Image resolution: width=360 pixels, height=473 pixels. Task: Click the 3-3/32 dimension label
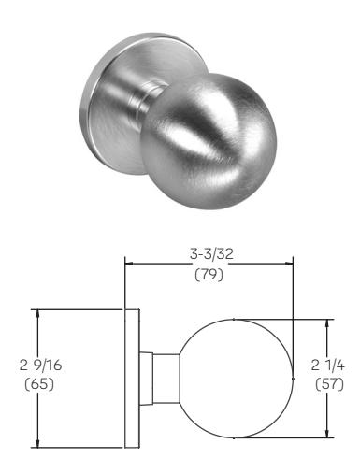(211, 254)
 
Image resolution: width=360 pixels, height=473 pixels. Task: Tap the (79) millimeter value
(209, 275)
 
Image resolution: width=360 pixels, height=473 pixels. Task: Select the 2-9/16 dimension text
(40, 365)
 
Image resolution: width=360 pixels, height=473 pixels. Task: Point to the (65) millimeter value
(39, 384)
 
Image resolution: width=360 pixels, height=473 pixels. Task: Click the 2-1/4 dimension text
(328, 365)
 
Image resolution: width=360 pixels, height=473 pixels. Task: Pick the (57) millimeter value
(329, 384)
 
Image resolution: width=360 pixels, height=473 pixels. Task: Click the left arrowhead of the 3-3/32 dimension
(129, 264)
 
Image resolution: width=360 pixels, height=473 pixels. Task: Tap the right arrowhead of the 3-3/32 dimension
(289, 264)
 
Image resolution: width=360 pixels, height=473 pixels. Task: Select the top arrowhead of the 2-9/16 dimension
(37, 313)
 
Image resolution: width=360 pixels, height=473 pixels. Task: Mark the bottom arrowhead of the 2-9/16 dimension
(37, 444)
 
